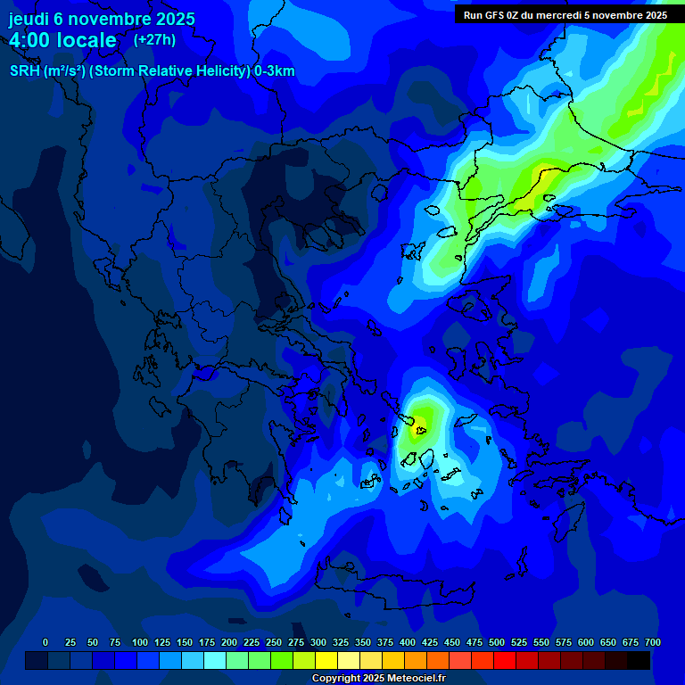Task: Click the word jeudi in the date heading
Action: (x=29, y=19)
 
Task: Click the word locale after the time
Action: (x=87, y=40)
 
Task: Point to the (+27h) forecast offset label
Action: (x=154, y=39)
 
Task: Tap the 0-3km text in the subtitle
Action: (x=275, y=71)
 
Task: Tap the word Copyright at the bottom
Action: (x=336, y=679)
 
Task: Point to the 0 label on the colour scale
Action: (x=45, y=642)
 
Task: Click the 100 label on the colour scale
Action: (x=140, y=642)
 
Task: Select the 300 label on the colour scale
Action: (x=318, y=642)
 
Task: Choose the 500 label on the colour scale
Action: (x=497, y=642)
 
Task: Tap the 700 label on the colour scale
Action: (x=652, y=642)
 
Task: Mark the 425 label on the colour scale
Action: (x=430, y=642)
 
